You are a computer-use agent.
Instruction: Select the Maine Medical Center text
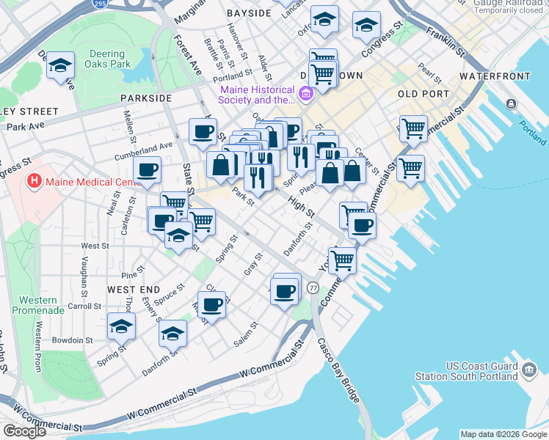point(88,182)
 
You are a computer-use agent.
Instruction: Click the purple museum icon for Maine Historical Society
point(306,95)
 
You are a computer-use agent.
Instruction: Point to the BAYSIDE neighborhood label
point(249,13)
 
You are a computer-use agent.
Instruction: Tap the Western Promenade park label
point(39,305)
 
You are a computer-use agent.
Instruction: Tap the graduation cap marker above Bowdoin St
point(121,326)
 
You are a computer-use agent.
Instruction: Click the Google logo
point(24,431)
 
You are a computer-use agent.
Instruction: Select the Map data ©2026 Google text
point(502,434)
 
